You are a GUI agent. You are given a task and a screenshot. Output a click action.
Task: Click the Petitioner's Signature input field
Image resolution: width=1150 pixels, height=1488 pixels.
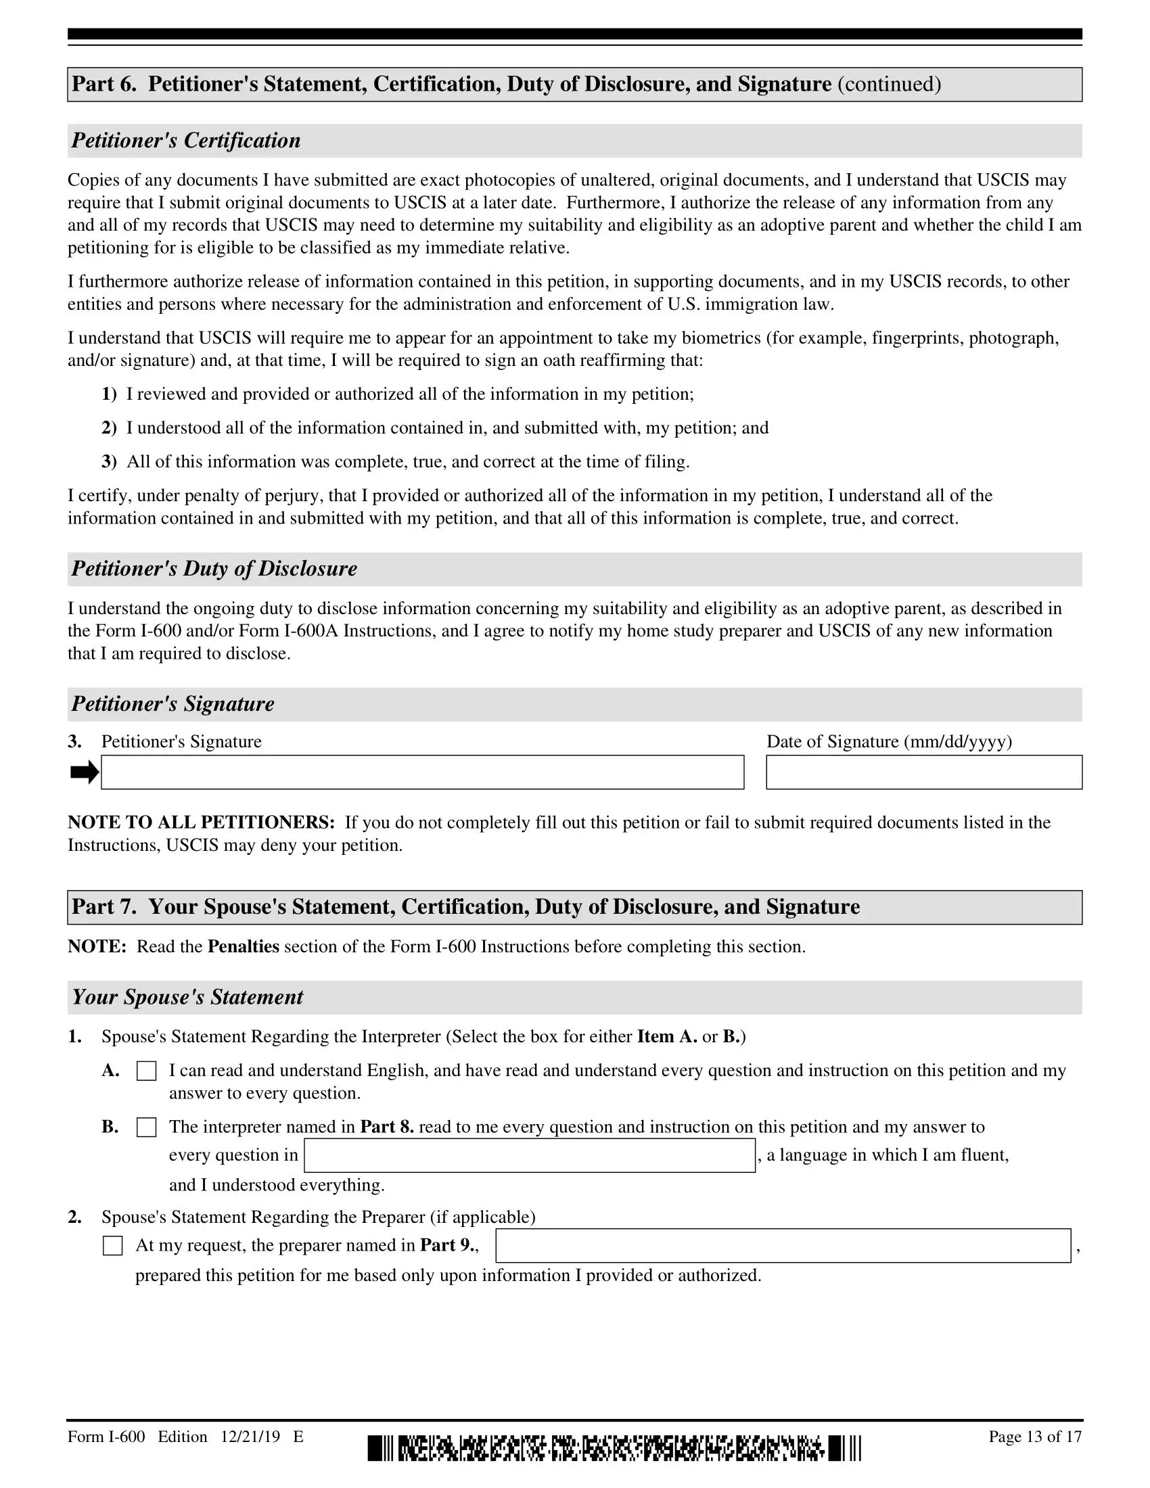click(422, 772)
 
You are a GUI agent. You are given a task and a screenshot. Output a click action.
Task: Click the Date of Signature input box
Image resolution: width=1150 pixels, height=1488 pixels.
click(924, 772)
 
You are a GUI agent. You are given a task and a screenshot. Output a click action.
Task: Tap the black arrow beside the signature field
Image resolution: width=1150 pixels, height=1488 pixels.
click(85, 772)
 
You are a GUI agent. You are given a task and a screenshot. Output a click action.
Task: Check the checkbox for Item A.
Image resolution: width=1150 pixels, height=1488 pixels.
click(147, 1071)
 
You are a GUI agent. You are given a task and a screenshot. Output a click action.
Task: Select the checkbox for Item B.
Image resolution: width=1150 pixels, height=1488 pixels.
click(147, 1127)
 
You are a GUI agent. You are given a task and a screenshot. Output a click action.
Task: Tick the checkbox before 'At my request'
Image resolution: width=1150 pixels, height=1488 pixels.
click(112, 1246)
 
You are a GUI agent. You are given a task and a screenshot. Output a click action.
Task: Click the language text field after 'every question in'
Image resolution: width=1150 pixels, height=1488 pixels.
click(530, 1155)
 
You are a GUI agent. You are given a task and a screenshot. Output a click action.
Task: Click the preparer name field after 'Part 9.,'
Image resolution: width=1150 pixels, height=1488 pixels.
click(783, 1246)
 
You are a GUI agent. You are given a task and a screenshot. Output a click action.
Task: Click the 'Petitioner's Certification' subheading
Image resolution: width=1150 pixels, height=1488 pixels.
click(186, 141)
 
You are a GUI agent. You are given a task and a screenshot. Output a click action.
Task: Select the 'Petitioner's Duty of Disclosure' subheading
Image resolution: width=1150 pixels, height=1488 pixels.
click(214, 569)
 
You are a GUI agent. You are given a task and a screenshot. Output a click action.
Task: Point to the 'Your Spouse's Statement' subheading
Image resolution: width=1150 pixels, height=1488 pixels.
click(187, 998)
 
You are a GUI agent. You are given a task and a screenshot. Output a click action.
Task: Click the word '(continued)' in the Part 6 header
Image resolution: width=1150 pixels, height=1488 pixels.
click(889, 85)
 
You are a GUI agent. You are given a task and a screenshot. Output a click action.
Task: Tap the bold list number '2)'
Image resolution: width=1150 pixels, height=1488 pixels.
click(109, 428)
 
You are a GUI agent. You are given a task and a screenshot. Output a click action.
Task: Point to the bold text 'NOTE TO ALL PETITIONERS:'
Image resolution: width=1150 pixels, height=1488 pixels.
click(201, 822)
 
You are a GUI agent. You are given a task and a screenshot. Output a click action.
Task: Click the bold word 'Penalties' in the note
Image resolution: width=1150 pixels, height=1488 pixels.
click(244, 946)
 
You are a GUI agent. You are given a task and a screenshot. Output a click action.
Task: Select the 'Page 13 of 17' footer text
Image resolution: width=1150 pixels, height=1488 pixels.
click(1035, 1437)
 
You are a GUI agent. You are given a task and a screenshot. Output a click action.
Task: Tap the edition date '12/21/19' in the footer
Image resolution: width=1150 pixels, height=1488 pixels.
click(250, 1437)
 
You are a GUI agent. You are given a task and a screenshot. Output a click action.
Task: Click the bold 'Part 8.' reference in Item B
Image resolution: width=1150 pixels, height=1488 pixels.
click(387, 1127)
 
